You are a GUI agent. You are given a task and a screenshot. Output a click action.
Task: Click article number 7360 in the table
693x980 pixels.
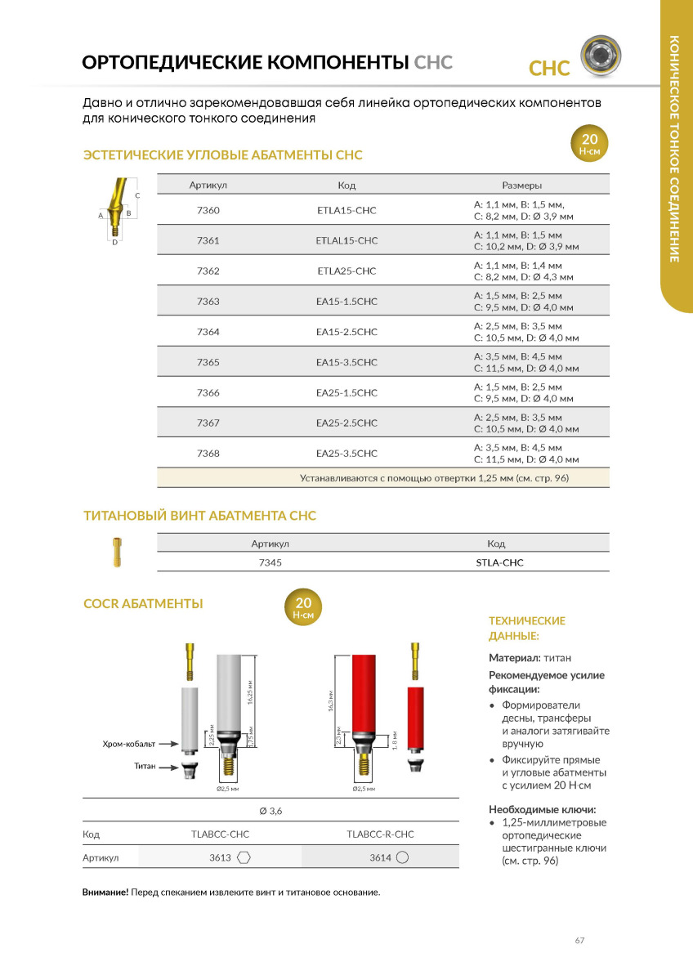[x=208, y=211]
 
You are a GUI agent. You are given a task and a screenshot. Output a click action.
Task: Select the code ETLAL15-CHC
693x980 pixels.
[x=346, y=240]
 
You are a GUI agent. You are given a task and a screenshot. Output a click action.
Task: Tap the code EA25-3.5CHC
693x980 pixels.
[x=346, y=453]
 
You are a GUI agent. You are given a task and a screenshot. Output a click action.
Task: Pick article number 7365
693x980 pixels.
[x=208, y=362]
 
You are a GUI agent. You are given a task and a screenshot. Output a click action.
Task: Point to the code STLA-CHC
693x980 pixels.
[x=499, y=562]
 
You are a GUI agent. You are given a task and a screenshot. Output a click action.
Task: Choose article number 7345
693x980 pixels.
[x=270, y=562]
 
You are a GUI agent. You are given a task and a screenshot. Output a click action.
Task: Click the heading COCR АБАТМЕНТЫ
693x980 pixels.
[x=143, y=604]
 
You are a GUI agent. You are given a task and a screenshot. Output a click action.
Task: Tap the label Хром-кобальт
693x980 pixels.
[x=128, y=744]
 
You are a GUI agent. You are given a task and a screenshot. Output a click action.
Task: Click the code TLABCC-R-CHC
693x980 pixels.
[x=380, y=835]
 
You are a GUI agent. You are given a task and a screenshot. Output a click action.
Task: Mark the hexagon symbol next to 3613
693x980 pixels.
[x=244, y=857]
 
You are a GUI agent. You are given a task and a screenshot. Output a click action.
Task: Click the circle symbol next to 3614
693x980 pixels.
[x=402, y=857]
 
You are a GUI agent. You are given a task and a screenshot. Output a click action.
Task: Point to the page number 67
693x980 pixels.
[x=579, y=941]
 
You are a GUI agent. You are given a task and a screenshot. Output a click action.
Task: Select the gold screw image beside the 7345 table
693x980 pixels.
[x=118, y=552]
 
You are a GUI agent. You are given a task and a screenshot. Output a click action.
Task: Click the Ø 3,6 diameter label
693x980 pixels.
[x=270, y=811]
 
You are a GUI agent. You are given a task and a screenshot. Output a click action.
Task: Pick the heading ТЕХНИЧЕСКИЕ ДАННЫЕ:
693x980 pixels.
[x=526, y=628]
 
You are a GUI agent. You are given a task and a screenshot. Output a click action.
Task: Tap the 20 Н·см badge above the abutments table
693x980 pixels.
[x=589, y=143]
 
